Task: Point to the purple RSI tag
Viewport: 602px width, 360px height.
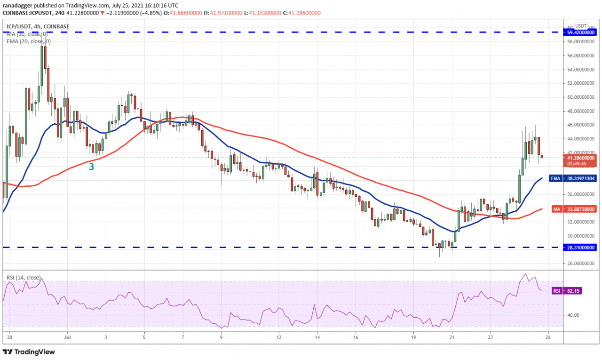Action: [x=556, y=291]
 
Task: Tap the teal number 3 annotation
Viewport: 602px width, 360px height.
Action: [x=91, y=166]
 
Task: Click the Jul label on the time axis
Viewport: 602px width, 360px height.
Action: [x=67, y=337]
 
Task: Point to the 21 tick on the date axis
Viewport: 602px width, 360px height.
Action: [x=452, y=337]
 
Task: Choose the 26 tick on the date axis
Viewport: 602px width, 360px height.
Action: [x=548, y=337]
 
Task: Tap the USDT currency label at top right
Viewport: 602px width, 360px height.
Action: [x=581, y=26]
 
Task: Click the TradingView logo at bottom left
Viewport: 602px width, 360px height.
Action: [x=29, y=352]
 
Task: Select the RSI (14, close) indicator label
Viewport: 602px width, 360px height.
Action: [x=24, y=278]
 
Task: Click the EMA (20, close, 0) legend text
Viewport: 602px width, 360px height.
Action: [x=29, y=41]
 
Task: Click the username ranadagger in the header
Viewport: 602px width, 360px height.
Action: [x=20, y=5]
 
